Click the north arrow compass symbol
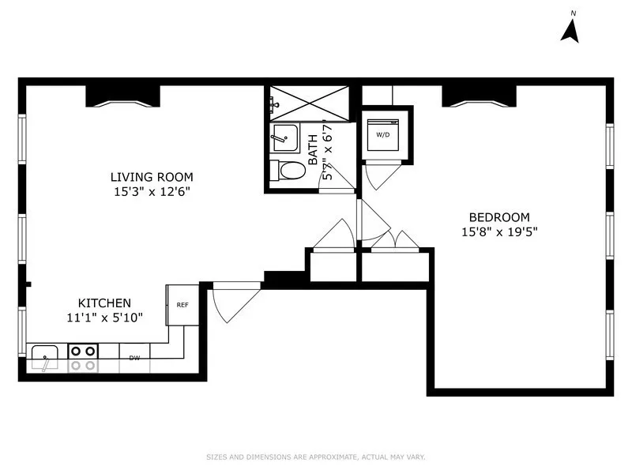pyautogui.click(x=571, y=28)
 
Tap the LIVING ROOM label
pyautogui.click(x=152, y=177)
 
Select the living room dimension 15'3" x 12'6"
pyautogui.click(x=152, y=191)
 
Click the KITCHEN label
pyautogui.click(x=103, y=303)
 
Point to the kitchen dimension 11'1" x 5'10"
pyautogui.click(x=103, y=317)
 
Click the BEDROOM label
pyautogui.click(x=499, y=217)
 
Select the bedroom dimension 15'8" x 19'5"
pyautogui.click(x=499, y=231)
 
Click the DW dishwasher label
pyautogui.click(x=135, y=359)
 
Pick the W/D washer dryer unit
pyautogui.click(x=383, y=135)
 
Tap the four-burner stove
pyautogui.click(x=83, y=357)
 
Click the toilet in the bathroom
pyautogui.click(x=288, y=170)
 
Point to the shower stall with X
pyautogui.click(x=310, y=102)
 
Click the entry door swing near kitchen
pyautogui.click(x=234, y=302)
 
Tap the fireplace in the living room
pyautogui.click(x=122, y=95)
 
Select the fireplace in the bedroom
pyautogui.click(x=479, y=95)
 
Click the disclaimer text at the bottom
pyautogui.click(x=315, y=457)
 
